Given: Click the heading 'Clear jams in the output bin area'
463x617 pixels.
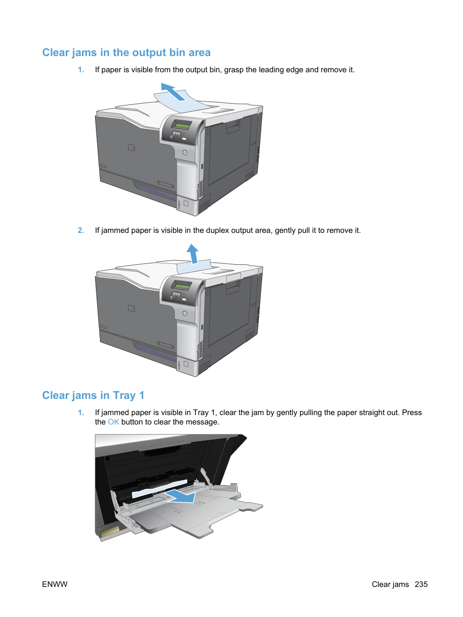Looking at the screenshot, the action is (126, 53).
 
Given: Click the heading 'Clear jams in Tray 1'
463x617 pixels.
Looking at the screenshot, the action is (93, 395).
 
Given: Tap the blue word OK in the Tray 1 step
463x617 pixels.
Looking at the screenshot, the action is (113, 422).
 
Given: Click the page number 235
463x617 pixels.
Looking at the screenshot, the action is (421, 584).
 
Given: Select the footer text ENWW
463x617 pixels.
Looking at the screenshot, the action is (55, 584).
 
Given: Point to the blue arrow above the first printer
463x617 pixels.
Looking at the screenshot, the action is (173, 92).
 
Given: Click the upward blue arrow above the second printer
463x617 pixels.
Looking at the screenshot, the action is (193, 254).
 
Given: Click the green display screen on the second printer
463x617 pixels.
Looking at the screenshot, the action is (182, 285).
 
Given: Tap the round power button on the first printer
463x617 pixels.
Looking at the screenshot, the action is (185, 153).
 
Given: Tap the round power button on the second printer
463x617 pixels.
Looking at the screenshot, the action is (185, 313).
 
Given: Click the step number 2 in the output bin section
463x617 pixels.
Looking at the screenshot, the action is (81, 231).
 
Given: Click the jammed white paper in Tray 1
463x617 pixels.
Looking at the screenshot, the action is (160, 489).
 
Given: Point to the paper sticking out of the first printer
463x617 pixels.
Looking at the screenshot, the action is (182, 102).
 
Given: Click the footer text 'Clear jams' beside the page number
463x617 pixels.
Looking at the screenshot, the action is (390, 584).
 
